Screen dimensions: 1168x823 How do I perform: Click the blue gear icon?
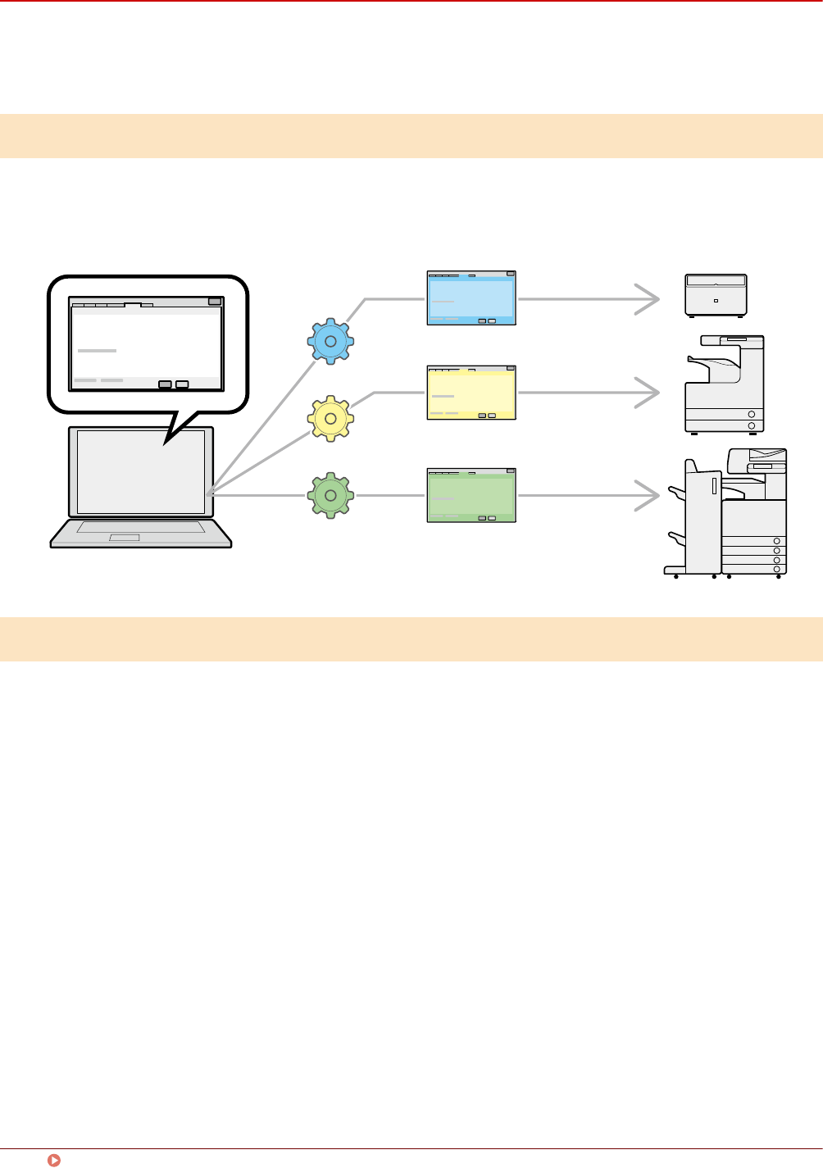[x=330, y=341]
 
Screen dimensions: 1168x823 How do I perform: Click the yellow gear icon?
[x=330, y=418]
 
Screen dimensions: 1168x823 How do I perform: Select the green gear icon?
[x=330, y=495]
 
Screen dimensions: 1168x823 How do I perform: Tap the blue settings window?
[x=471, y=298]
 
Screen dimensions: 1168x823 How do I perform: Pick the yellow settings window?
[x=471, y=393]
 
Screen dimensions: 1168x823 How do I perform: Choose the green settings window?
[x=471, y=495]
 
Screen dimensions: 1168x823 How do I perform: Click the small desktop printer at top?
[x=716, y=295]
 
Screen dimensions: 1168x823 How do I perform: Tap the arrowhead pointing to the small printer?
[x=649, y=299]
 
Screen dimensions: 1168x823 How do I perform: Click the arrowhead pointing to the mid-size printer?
[x=649, y=393]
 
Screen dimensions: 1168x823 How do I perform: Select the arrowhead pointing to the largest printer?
[x=649, y=495]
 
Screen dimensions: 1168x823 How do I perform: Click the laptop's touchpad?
[x=125, y=538]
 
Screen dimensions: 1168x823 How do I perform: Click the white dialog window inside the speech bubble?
[x=146, y=344]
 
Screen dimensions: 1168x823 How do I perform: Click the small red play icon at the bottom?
[x=54, y=1160]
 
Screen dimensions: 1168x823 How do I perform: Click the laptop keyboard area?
[x=140, y=527]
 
